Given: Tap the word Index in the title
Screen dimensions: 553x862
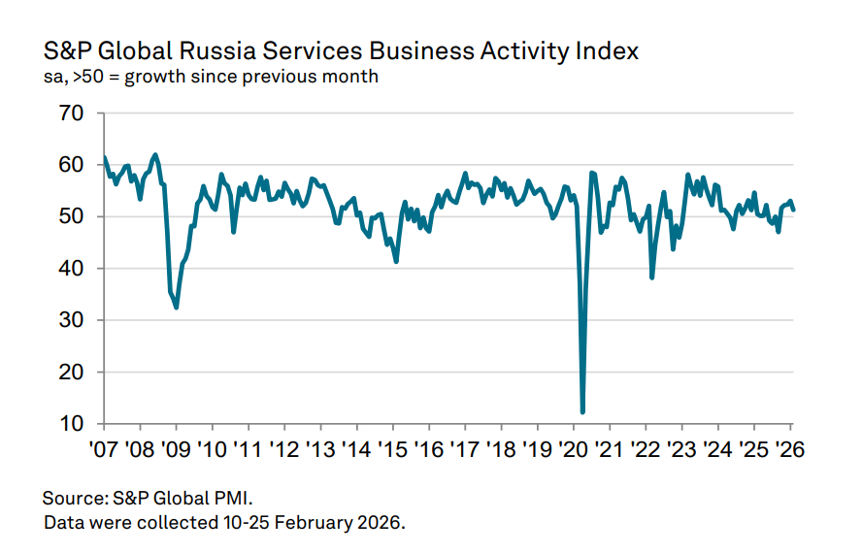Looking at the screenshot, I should click(x=606, y=50).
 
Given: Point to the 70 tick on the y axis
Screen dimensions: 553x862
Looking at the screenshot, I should click(x=71, y=114).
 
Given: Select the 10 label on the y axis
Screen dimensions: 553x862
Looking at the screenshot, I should click(x=71, y=424).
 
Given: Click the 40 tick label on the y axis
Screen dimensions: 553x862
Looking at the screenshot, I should click(x=71, y=269).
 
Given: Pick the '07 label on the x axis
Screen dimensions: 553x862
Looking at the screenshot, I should click(x=103, y=450).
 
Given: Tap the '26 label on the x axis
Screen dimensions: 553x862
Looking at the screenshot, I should click(x=789, y=450).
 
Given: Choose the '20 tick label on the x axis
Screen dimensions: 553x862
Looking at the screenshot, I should click(x=573, y=450).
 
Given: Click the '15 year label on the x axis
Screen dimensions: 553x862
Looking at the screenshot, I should click(x=392, y=450).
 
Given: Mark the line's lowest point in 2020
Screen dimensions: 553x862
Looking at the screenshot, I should click(x=582, y=412).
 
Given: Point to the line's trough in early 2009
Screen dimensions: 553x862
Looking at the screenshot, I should click(x=176, y=308).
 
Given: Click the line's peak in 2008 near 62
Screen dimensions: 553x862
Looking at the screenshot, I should click(x=155, y=154).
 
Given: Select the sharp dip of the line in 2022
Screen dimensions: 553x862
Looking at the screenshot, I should click(x=651, y=277).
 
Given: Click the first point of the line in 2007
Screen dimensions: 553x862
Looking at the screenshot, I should click(x=104, y=157).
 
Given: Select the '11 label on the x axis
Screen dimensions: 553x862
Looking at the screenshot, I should click(x=248, y=450).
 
